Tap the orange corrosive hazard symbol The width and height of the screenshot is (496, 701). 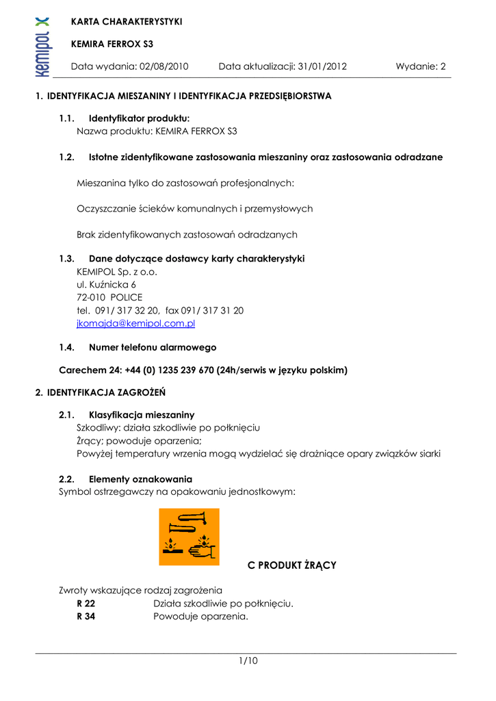[189, 537]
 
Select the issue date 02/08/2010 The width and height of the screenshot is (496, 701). [164, 66]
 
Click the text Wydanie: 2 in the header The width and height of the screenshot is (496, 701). [420, 66]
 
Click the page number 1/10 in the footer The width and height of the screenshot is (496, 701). [248, 661]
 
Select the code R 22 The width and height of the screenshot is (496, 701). [86, 603]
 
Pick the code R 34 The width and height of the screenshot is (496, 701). [86, 616]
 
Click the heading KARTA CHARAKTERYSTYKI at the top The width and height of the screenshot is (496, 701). [127, 22]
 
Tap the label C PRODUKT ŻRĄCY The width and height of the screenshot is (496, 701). [291, 565]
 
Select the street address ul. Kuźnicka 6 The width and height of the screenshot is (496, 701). [106, 284]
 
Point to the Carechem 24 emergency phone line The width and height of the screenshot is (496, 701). [203, 370]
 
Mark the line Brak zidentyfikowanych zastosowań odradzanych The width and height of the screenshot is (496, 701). [187, 234]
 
